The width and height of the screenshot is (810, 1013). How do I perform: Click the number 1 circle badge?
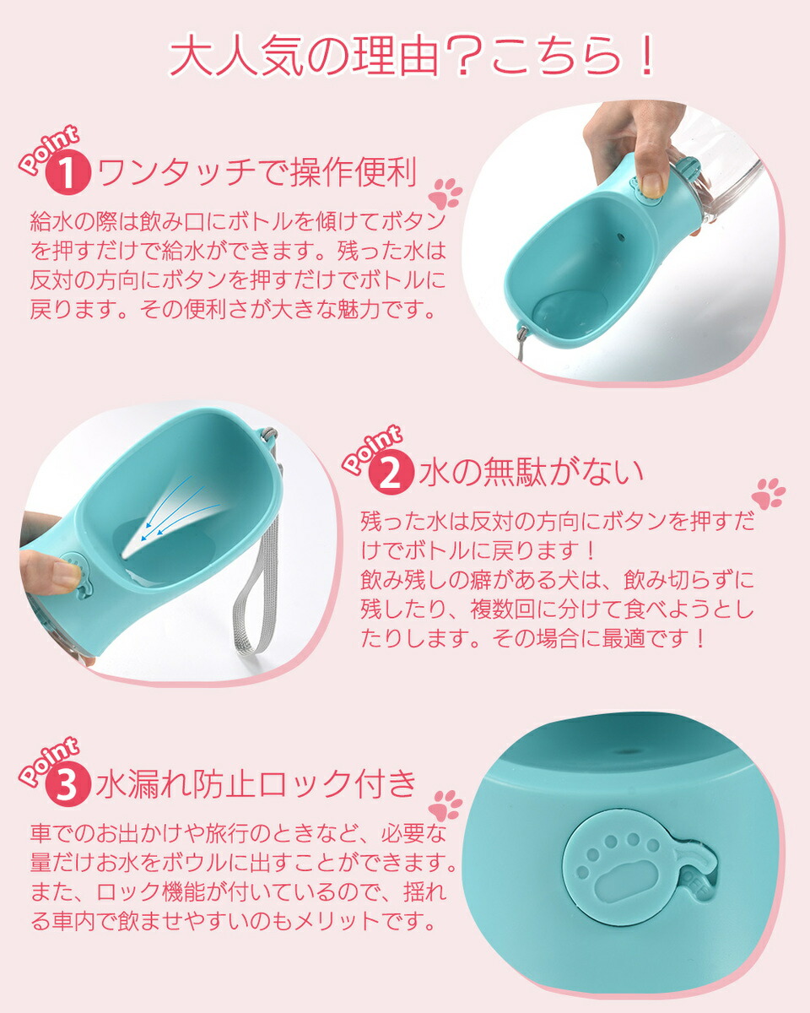[67, 173]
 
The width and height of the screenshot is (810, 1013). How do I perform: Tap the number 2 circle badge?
[391, 473]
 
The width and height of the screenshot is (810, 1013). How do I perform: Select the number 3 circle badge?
[67, 785]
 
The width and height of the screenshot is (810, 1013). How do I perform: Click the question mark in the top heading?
[462, 57]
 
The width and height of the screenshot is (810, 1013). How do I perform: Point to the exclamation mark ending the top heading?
[647, 56]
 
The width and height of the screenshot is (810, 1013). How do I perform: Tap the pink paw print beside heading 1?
[445, 193]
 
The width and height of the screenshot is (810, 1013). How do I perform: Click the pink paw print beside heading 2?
[768, 493]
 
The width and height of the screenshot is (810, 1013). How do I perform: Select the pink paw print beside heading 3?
[445, 805]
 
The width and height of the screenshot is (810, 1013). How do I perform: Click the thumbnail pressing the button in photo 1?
[652, 184]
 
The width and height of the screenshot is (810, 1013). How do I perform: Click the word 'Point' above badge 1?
[48, 149]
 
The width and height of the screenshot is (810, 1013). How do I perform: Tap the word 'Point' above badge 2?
[372, 448]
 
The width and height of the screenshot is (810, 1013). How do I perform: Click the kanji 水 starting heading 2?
[434, 472]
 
